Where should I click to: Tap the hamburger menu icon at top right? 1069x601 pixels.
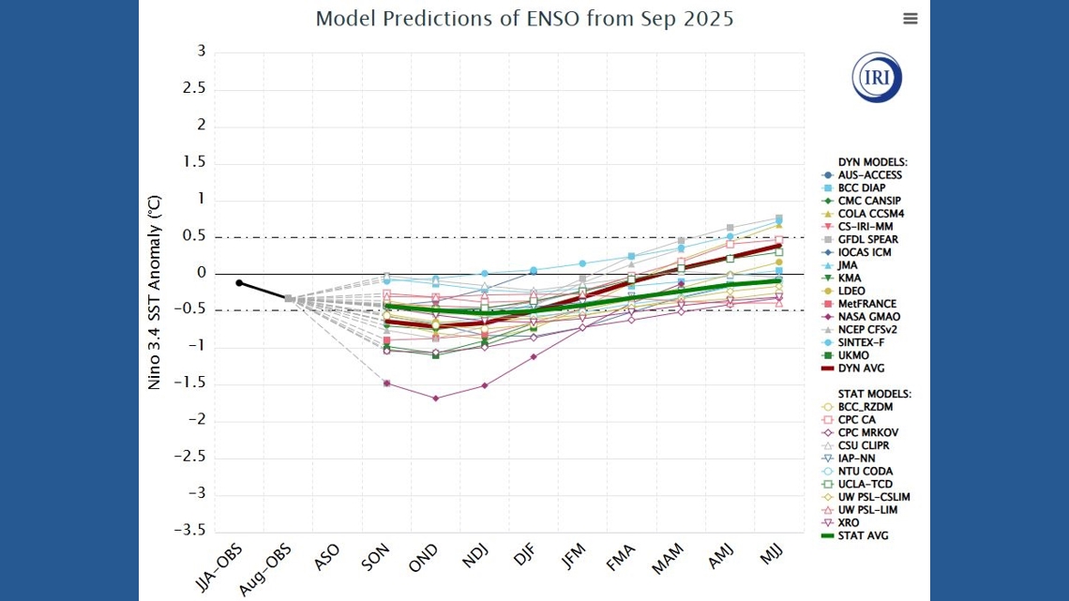(910, 19)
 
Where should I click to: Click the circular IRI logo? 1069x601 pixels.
(877, 77)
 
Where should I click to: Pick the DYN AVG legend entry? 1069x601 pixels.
(861, 368)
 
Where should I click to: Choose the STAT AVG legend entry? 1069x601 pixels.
(863, 535)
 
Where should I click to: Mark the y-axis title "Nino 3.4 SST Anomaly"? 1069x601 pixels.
(155, 292)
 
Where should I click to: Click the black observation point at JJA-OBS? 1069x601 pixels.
(239, 282)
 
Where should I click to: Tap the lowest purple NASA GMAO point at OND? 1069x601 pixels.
(435, 398)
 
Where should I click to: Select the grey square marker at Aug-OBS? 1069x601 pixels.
(289, 299)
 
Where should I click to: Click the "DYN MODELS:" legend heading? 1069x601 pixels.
(872, 162)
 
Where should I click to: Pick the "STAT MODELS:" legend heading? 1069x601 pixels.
(874, 395)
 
